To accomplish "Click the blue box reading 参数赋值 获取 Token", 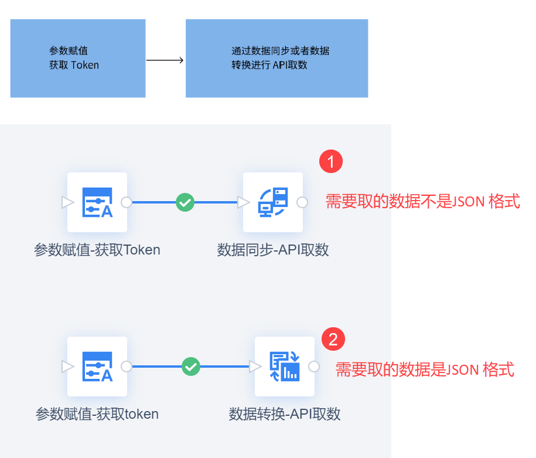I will tap(78, 58).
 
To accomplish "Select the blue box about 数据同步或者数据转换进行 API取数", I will tap(276, 58).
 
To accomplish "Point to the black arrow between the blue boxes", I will tap(165, 60).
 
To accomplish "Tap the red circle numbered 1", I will tap(331, 162).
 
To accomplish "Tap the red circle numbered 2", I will tap(333, 339).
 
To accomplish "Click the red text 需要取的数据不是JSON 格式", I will tap(422, 202).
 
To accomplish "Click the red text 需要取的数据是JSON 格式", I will tap(425, 369).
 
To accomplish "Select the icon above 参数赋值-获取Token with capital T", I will tap(97, 202).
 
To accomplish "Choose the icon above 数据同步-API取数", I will tap(273, 202).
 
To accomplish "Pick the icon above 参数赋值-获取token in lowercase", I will tap(97, 367).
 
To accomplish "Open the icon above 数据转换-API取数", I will tap(285, 367).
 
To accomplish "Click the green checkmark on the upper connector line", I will tap(185, 202).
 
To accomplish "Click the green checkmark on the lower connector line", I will tap(191, 367).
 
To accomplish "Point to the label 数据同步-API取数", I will tap(273, 250).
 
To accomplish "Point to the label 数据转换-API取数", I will tap(285, 414).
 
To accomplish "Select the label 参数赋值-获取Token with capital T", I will tap(97, 250).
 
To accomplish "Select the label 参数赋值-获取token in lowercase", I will tap(97, 414).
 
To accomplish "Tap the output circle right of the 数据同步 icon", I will tap(302, 202).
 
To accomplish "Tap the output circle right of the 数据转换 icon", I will tap(314, 367).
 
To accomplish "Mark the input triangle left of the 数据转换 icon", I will tap(255, 367).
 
